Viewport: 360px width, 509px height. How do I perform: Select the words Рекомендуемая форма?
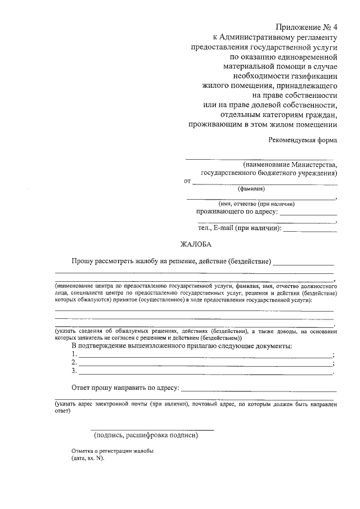pos(303,141)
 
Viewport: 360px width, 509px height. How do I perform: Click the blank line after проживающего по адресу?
pos(308,215)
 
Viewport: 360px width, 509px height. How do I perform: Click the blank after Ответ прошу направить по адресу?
pos(259,390)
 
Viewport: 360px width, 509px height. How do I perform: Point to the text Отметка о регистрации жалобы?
pos(112,451)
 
